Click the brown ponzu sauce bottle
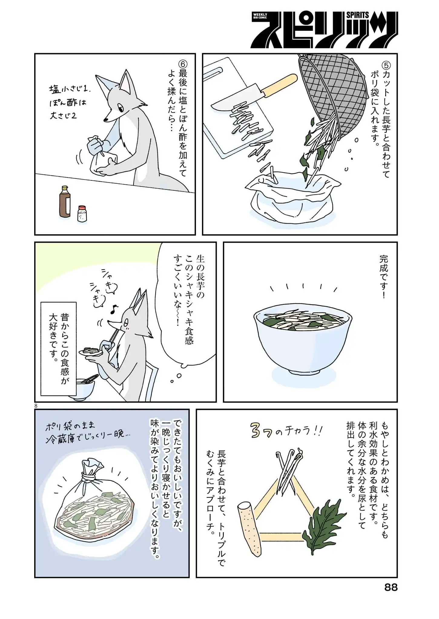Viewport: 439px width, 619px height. (x=65, y=202)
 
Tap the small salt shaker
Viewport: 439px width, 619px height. (x=82, y=214)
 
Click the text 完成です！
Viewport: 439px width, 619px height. (x=383, y=277)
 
